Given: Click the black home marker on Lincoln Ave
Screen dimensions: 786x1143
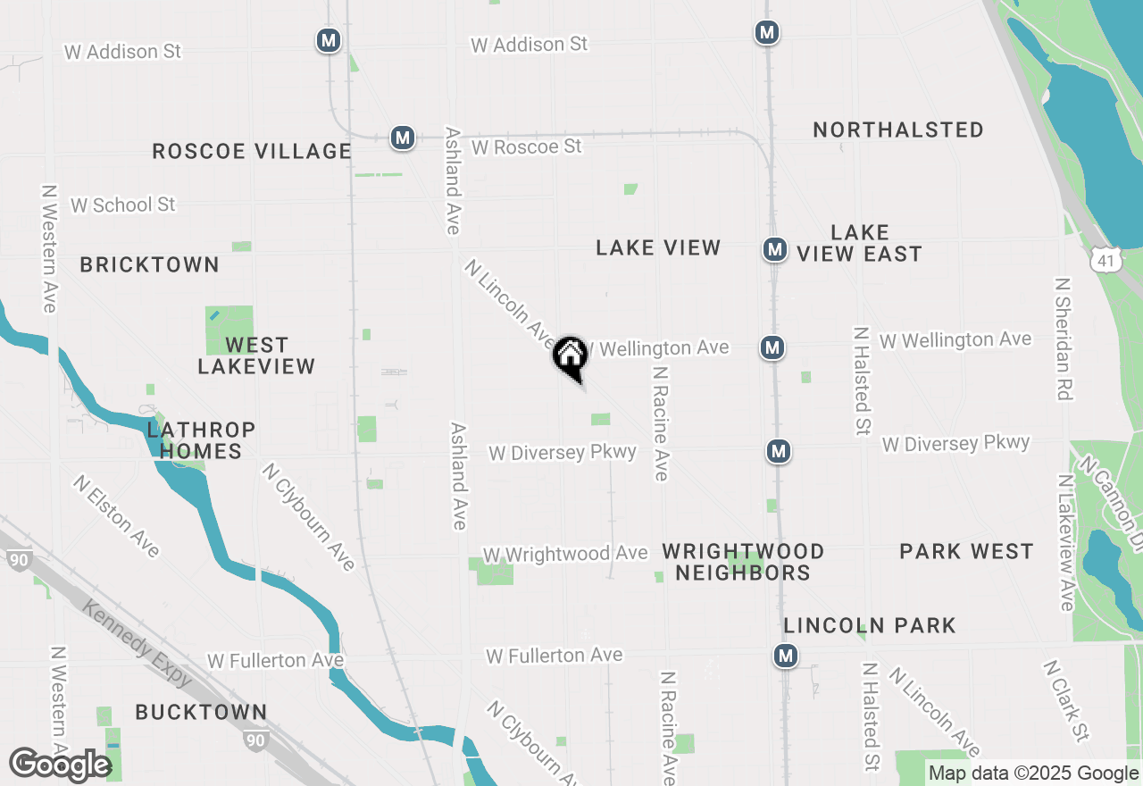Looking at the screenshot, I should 570,357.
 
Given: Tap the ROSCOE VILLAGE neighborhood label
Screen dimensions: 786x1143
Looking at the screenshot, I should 252,151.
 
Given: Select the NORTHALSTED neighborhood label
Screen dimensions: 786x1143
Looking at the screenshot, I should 898,130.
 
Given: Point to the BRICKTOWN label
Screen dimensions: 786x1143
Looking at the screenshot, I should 149,264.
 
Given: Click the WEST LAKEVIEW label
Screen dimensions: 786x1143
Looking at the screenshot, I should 256,355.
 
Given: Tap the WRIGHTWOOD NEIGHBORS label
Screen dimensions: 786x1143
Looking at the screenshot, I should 743,562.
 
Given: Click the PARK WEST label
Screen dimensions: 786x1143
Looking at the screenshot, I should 966,551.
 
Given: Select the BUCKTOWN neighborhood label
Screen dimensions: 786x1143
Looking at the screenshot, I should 201,712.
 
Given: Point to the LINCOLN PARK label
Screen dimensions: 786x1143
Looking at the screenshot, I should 870,625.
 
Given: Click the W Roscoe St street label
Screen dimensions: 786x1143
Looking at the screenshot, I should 527,146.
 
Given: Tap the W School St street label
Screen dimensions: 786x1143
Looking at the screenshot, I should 123,205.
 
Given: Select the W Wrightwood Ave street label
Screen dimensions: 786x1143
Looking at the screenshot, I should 565,554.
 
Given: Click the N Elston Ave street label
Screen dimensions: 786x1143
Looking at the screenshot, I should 117,515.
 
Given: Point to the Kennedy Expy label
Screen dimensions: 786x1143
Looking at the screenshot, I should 137,644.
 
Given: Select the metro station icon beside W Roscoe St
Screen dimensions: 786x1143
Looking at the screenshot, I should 403,138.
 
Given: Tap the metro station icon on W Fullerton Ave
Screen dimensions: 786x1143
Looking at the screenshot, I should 786,656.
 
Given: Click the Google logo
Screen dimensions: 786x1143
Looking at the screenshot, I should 60,765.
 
